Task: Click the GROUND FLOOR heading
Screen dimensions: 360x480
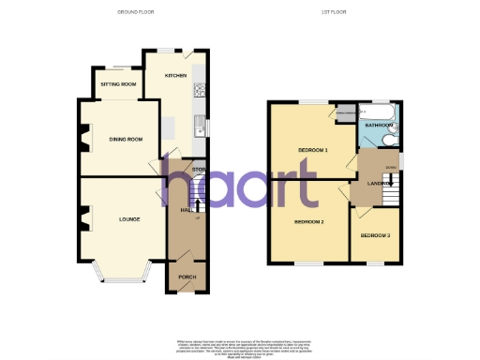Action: click(136, 11)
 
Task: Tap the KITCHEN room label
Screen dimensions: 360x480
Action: click(175, 75)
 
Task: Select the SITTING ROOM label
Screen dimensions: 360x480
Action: click(119, 84)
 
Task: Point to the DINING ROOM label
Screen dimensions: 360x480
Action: click(125, 139)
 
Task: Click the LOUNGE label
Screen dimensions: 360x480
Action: click(129, 219)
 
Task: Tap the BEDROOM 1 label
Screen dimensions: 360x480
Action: click(312, 150)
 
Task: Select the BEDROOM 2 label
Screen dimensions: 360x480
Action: click(308, 222)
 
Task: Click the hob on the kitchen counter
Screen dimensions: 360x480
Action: click(199, 91)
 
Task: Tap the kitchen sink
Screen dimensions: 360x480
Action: click(199, 123)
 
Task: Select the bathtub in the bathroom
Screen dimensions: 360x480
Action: click(379, 111)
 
